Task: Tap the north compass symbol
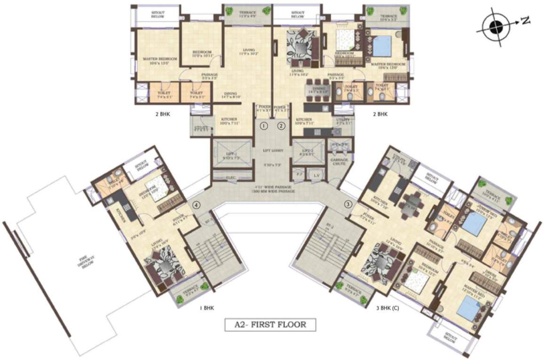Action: (x=494, y=27)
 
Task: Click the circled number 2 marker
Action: (x=281, y=126)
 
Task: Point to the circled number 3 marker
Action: (x=348, y=205)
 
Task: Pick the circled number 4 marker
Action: (x=196, y=205)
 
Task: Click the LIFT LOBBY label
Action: (x=273, y=151)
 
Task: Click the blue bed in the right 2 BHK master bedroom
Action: (x=382, y=46)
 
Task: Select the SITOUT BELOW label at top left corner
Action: (x=157, y=14)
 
